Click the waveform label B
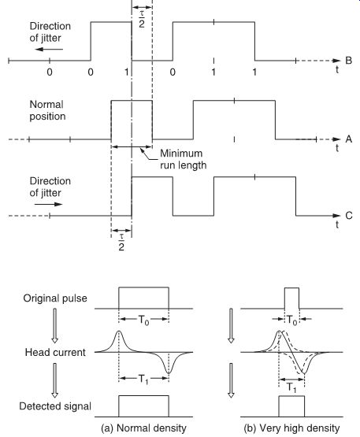(x=348, y=61)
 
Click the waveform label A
(x=348, y=139)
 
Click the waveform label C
(x=349, y=216)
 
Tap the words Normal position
(x=47, y=110)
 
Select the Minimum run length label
(x=184, y=159)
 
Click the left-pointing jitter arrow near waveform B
(x=49, y=50)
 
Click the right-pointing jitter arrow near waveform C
(x=49, y=204)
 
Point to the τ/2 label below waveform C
(x=121, y=243)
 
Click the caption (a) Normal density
(x=143, y=428)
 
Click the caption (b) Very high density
(x=291, y=428)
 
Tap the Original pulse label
(x=55, y=298)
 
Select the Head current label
(x=55, y=352)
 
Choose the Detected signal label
(x=55, y=406)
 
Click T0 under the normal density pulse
(x=143, y=320)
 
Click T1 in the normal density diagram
(x=143, y=379)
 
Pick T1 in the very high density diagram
(x=291, y=387)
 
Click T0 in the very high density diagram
(x=291, y=320)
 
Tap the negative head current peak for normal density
(x=168, y=372)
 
